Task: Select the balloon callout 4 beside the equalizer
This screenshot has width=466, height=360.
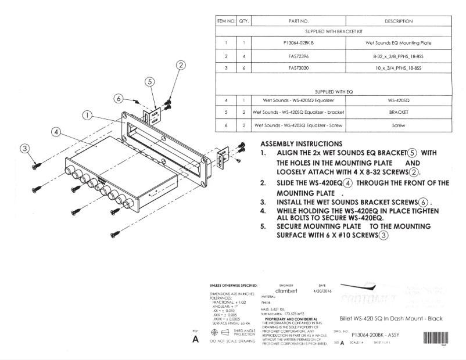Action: (56, 132)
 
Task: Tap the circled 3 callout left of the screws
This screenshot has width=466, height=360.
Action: (26, 149)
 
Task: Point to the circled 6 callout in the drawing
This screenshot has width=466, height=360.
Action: (119, 98)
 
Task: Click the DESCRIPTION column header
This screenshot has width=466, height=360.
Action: (398, 21)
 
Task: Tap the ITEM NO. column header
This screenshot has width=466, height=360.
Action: (225, 21)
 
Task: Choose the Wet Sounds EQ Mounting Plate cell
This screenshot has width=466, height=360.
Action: (398, 43)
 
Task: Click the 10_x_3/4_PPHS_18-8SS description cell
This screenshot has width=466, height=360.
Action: (398, 68)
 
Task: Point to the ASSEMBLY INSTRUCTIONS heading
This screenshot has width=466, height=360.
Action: (302, 143)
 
